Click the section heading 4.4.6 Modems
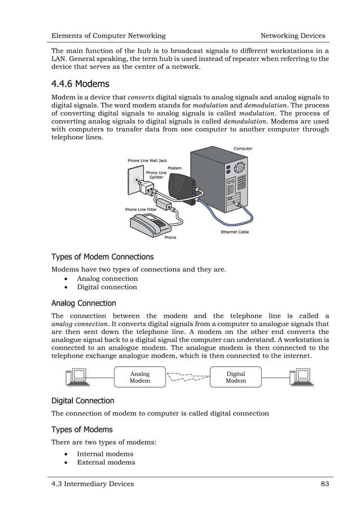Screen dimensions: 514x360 [x=80, y=84]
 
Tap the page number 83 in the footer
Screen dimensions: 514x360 [x=324, y=484]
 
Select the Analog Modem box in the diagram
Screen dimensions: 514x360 [x=140, y=377]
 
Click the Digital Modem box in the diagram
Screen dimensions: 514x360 [x=235, y=377]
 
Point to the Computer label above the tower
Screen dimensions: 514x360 [x=243, y=148]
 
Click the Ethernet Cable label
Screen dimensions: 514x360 [x=235, y=232]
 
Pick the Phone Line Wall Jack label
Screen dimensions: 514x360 [x=147, y=161]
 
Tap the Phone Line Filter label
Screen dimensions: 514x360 [x=141, y=209]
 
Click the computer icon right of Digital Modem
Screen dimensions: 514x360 [x=300, y=377]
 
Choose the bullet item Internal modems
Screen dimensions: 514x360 [x=105, y=454]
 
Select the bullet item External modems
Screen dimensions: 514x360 [x=106, y=462]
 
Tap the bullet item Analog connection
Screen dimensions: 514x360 [x=107, y=278]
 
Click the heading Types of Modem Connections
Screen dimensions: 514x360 [x=102, y=257]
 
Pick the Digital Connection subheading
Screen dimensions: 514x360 [x=83, y=401]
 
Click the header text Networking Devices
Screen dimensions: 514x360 [x=292, y=36]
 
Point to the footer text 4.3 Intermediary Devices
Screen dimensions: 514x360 [x=93, y=484]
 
